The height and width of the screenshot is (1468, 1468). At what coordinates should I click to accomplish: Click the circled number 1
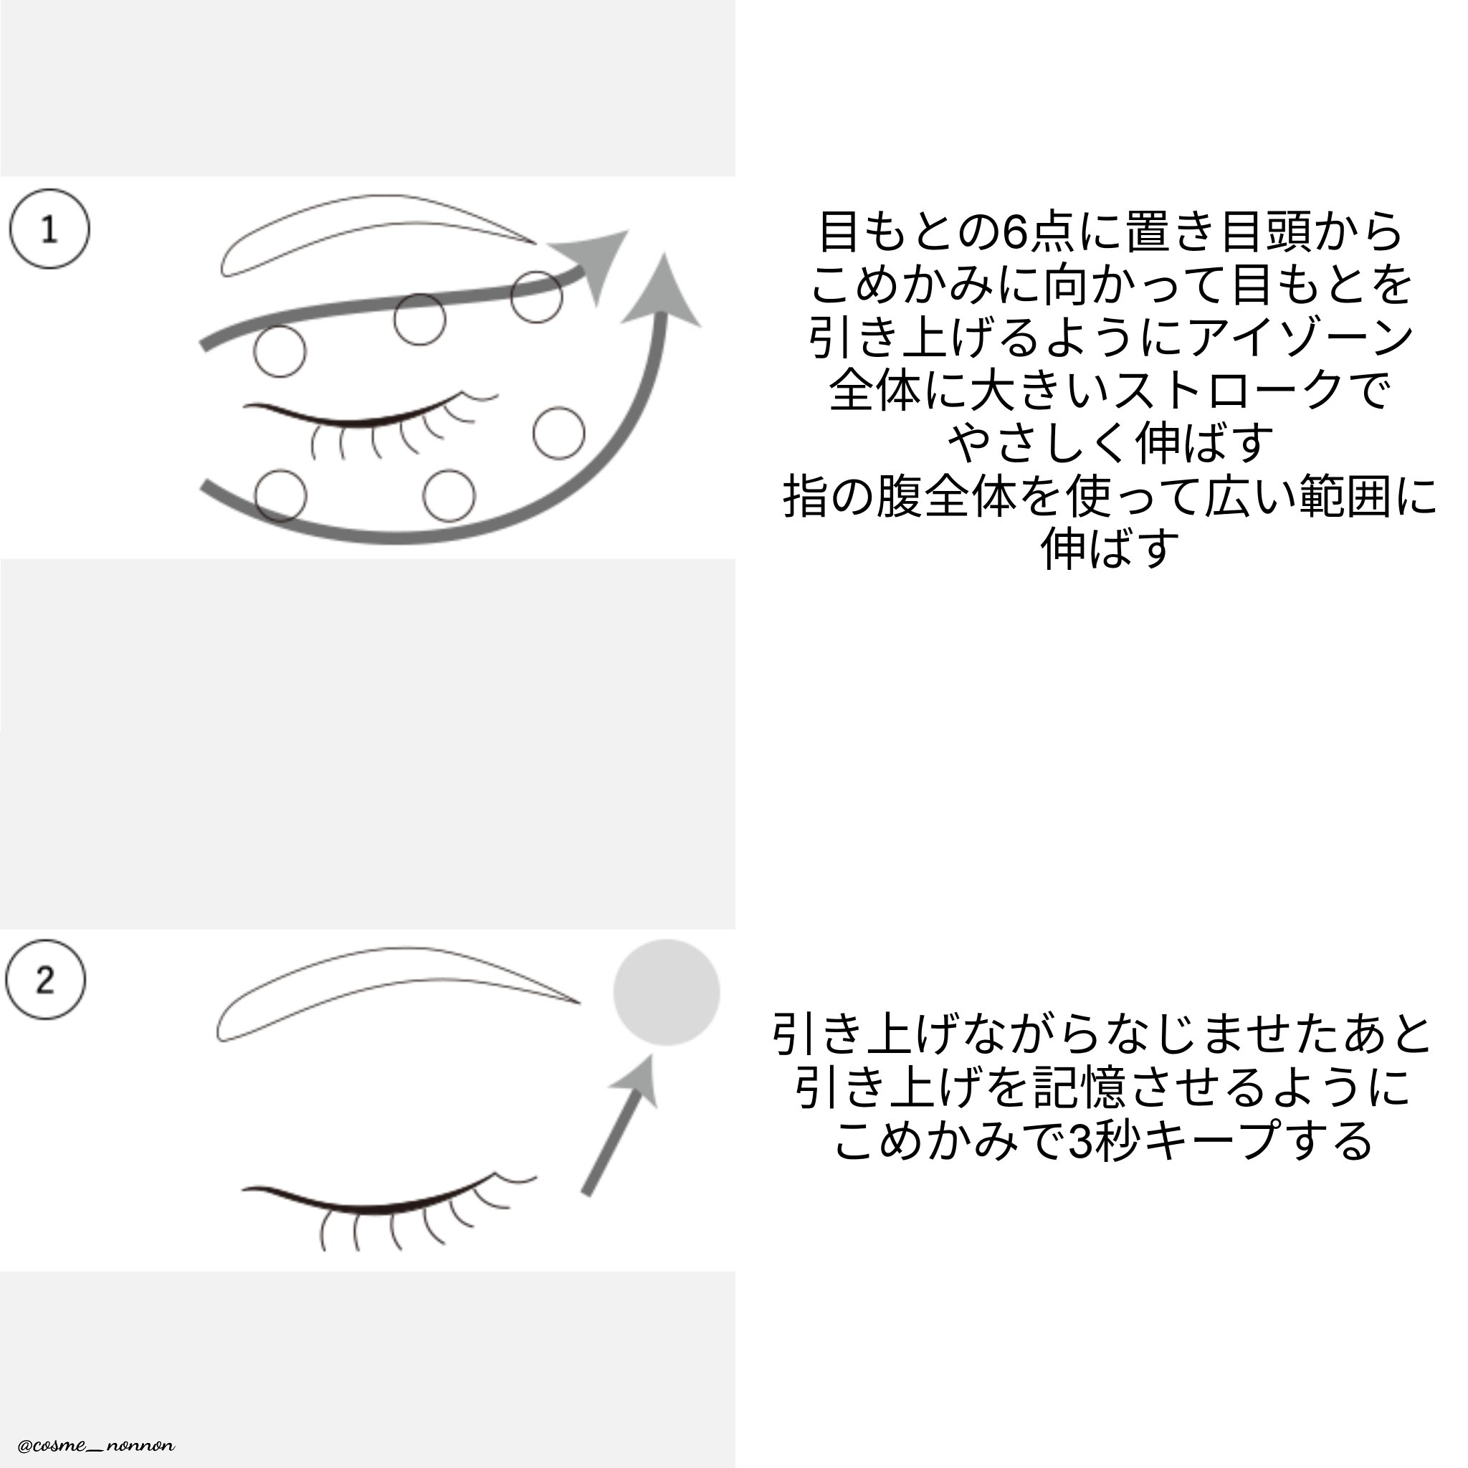coord(49,229)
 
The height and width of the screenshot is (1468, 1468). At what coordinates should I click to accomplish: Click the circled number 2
coord(46,979)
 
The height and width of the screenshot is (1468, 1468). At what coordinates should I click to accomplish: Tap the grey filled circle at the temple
coord(667,993)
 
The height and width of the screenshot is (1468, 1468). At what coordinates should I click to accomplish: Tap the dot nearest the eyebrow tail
coord(536,296)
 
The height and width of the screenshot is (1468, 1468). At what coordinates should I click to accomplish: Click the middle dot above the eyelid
coord(419,320)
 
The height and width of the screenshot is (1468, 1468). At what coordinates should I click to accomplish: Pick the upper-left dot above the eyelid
coord(280,351)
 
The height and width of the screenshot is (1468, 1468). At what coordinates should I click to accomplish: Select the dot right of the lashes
coord(559,433)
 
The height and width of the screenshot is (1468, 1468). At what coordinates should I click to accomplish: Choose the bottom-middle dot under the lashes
coord(449,495)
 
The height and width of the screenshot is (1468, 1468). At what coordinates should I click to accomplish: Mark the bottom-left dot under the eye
coord(280,495)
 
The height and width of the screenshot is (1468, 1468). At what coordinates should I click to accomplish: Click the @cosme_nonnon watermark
coord(97,1445)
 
